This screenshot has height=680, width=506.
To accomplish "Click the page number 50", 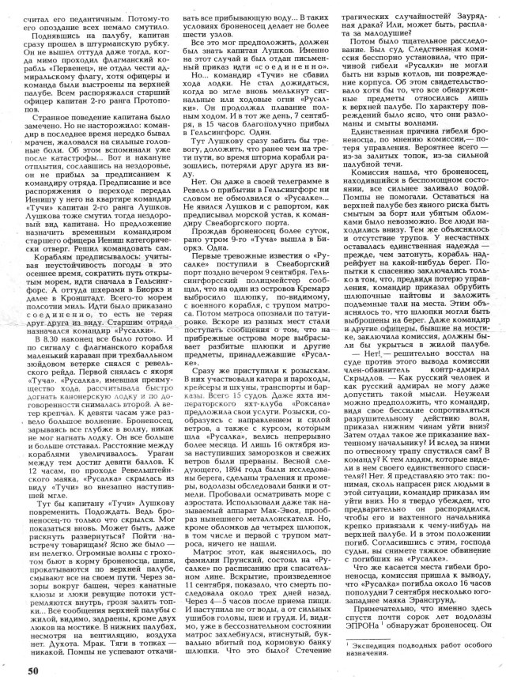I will coord(32,671).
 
